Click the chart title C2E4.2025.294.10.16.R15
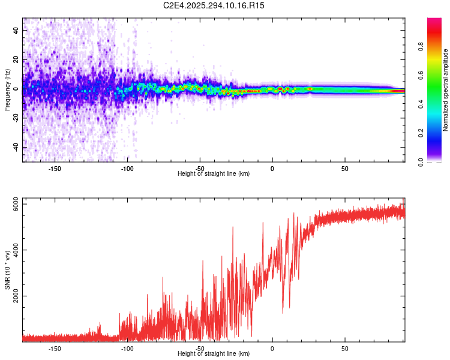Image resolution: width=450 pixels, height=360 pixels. [214, 5]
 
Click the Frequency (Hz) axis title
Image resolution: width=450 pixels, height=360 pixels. [7, 91]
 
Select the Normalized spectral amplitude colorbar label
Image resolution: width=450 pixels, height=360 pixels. [446, 91]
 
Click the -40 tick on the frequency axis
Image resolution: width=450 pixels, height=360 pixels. [16, 147]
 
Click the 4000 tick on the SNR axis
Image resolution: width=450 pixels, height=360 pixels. [16, 250]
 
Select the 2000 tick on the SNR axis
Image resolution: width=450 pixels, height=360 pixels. [16, 296]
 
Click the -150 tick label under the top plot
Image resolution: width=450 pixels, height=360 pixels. [55, 169]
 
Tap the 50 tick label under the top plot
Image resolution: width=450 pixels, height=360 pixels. [344, 169]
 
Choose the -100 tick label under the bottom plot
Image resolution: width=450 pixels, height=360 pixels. [127, 349]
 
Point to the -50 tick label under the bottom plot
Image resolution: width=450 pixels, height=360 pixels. [200, 349]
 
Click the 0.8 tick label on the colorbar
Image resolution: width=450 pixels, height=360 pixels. [421, 47]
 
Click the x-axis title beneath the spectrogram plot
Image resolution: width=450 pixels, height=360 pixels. [214, 174]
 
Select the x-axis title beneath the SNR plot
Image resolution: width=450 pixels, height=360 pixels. [214, 354]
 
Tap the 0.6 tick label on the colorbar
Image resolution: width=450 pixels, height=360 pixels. [421, 76]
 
